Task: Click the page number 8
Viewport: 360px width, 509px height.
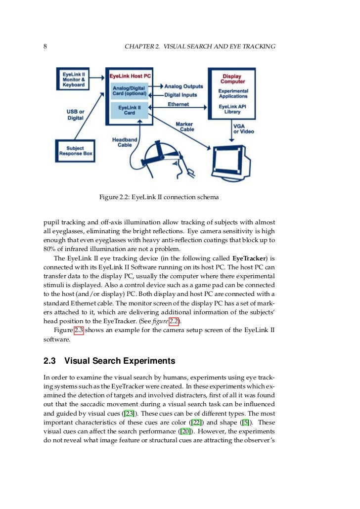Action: click(45, 46)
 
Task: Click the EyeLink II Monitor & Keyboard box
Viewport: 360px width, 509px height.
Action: click(74, 79)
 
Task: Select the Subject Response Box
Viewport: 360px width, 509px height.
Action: click(74, 151)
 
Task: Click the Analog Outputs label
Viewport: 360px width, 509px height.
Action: click(183, 86)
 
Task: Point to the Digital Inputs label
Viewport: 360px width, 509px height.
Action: click(180, 95)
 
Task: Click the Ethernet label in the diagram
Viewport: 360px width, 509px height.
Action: click(178, 104)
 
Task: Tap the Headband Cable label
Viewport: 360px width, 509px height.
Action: click(124, 142)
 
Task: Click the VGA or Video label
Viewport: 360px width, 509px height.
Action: click(243, 129)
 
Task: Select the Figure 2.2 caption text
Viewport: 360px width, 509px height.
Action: click(159, 197)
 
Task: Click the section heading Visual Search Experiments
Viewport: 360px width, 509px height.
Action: click(120, 360)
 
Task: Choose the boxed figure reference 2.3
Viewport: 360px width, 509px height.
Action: click(78, 331)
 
